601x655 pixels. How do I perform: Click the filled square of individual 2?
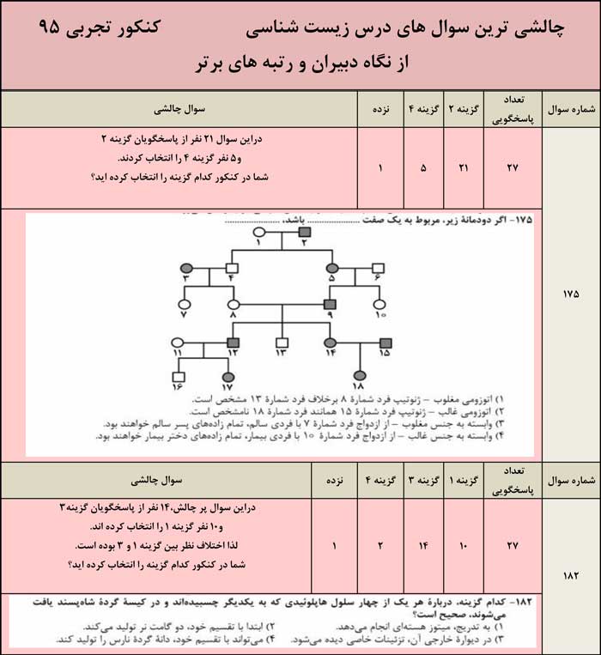[x=303, y=232]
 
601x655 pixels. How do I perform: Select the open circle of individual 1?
[x=258, y=232]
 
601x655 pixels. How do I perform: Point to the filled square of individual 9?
[x=329, y=304]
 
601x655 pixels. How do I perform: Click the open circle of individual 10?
[x=379, y=304]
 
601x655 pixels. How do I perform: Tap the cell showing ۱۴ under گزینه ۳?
[x=421, y=545]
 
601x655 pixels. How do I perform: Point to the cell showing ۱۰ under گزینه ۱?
[x=464, y=545]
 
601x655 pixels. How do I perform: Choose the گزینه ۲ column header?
[x=464, y=109]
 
